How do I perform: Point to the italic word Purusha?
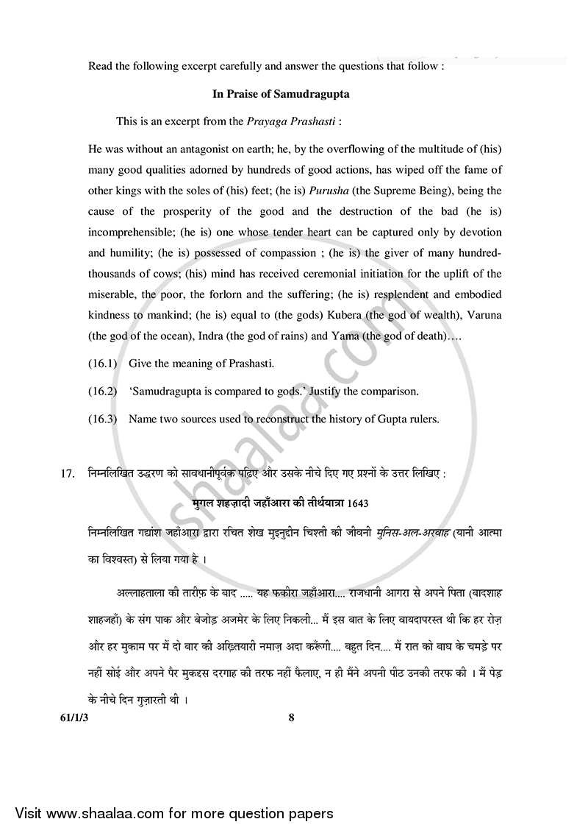(x=334, y=191)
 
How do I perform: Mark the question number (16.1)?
(x=102, y=364)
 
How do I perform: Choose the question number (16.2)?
(x=102, y=391)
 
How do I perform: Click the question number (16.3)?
(x=102, y=419)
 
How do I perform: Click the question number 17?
(x=68, y=474)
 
